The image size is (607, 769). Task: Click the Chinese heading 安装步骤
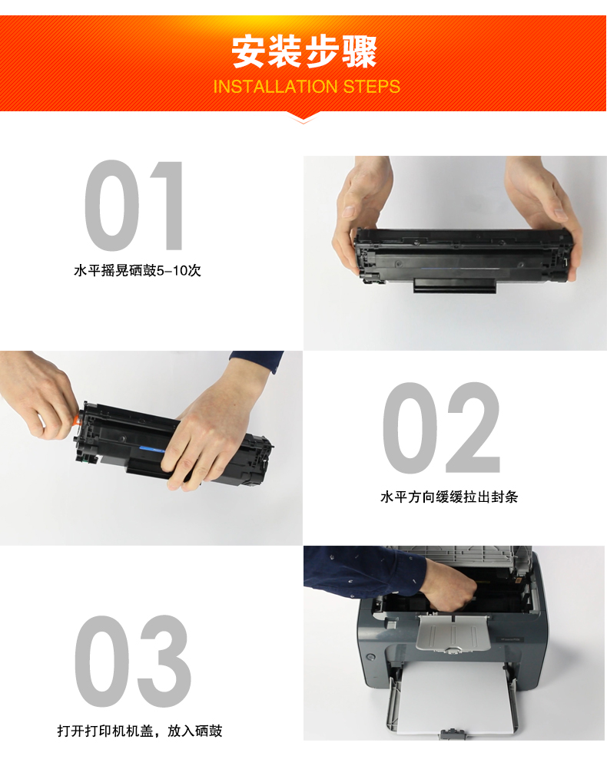click(x=304, y=51)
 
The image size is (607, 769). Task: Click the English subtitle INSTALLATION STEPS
click(x=307, y=87)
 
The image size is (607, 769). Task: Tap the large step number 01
click(x=134, y=206)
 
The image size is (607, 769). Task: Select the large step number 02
click(x=441, y=427)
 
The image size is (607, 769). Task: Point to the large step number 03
click(x=133, y=661)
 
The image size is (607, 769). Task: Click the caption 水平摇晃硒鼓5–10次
click(x=137, y=270)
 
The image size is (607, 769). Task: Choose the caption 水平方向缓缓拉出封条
click(x=449, y=497)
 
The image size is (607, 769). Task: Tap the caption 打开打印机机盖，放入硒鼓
click(x=140, y=731)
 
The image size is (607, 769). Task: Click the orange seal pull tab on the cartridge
click(x=76, y=420)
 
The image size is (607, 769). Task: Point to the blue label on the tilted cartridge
click(x=151, y=449)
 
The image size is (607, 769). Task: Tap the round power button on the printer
click(x=371, y=657)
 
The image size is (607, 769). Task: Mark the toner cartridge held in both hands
click(x=463, y=260)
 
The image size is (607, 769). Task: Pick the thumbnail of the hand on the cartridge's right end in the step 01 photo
click(x=560, y=214)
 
